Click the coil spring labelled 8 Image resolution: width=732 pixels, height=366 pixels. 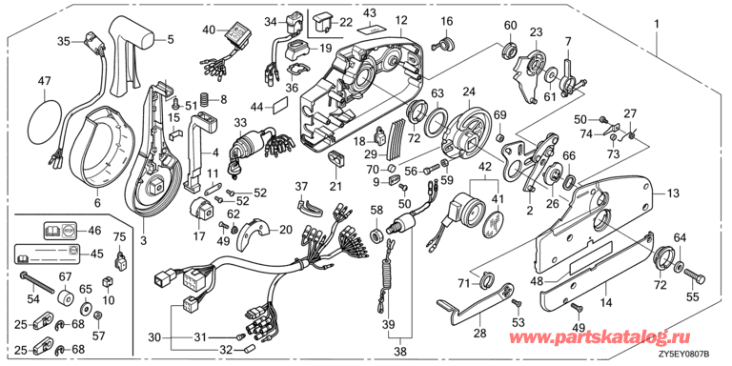205,99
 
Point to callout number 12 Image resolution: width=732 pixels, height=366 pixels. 401,21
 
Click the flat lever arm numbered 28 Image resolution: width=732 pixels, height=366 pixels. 475,305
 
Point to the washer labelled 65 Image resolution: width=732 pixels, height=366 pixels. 86,309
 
